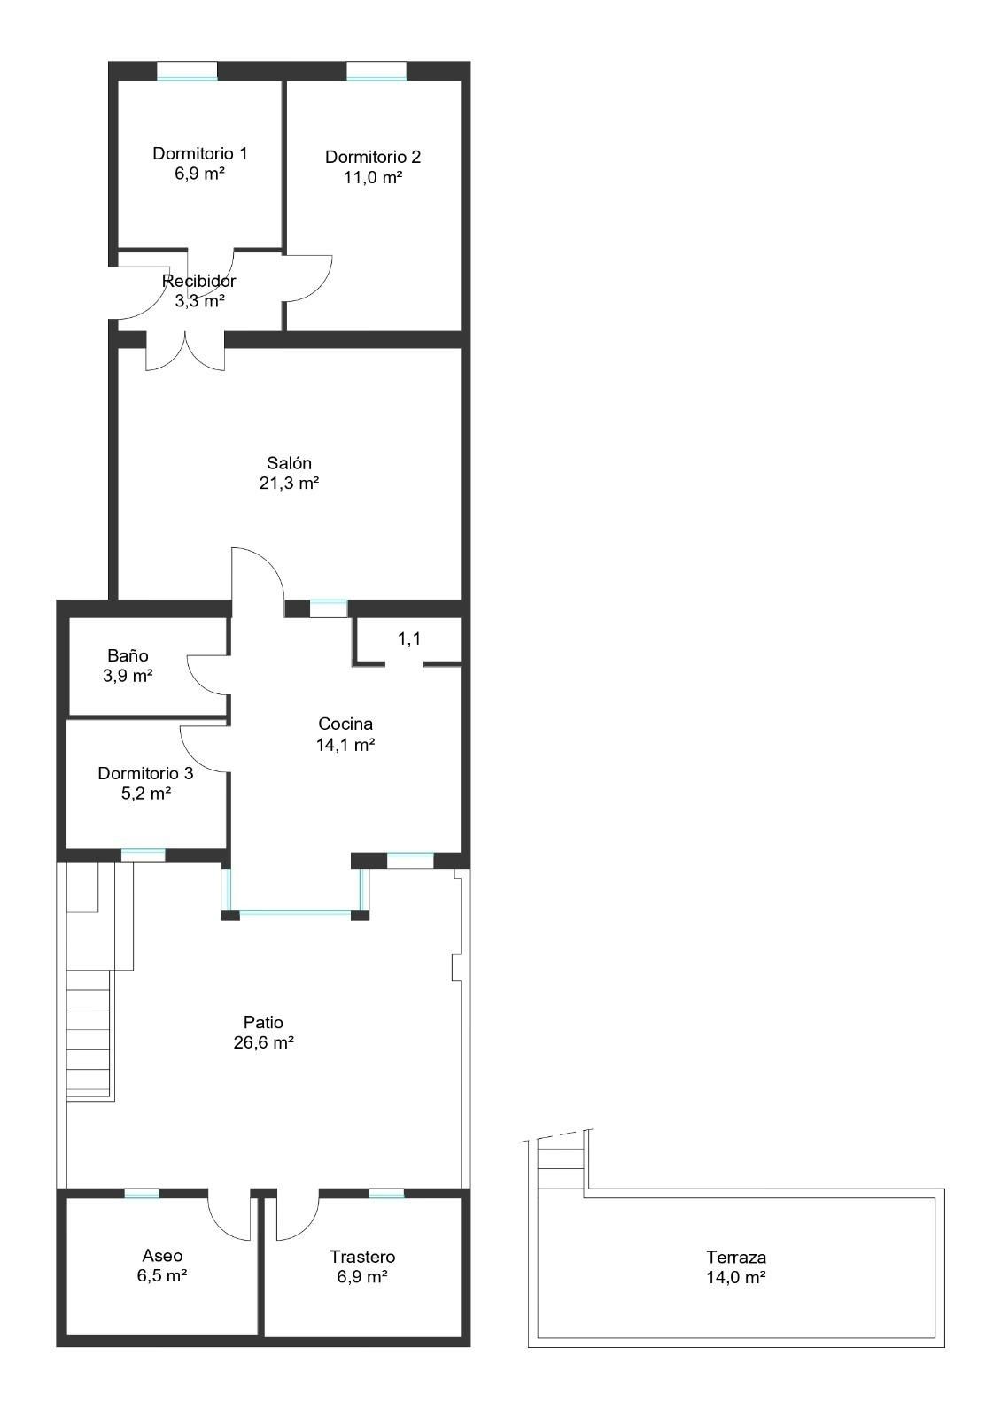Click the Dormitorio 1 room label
[199, 153]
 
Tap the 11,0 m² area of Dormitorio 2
[373, 177]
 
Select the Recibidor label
[199, 281]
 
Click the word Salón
[289, 463]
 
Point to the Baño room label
[128, 656]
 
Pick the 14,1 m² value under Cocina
[345, 745]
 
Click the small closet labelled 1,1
[408, 639]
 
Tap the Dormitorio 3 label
[145, 773]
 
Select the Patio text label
[263, 1023]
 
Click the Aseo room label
[162, 1256]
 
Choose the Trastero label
[362, 1257]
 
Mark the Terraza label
[736, 1257]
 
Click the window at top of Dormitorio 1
[187, 72]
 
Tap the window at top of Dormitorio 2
[376, 72]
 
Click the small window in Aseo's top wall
[142, 1194]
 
